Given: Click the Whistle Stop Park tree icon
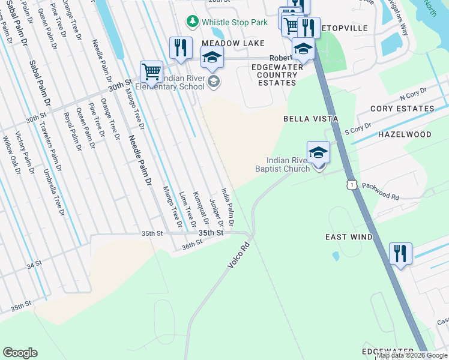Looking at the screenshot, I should coord(192,22).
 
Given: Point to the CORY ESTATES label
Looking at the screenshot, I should coord(402,109).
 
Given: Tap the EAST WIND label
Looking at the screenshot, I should coord(349,237).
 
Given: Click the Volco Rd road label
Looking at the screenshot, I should coord(238,255).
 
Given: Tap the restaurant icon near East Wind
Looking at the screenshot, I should coord(400,253).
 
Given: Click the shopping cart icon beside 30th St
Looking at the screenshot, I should coord(151,71).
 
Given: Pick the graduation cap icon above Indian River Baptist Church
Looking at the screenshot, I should coord(318,152).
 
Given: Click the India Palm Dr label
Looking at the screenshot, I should coord(228,203).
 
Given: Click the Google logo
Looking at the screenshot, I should coord(20,353).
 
